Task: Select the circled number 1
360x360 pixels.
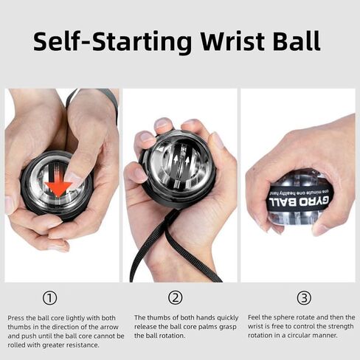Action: (x=49, y=298)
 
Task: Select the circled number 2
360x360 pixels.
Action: (x=176, y=298)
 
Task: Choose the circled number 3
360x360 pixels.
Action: (x=304, y=298)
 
